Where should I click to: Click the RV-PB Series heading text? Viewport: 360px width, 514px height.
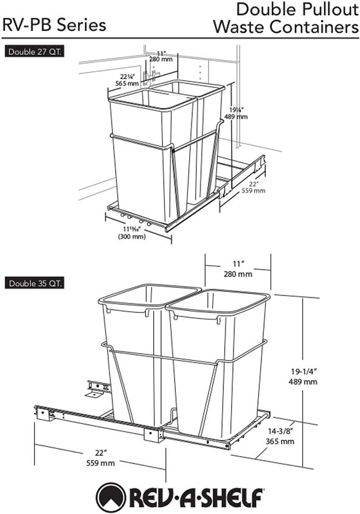click(x=54, y=25)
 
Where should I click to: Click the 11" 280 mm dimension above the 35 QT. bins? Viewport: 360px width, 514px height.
click(x=237, y=269)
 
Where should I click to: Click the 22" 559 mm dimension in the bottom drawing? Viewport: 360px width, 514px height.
click(x=100, y=457)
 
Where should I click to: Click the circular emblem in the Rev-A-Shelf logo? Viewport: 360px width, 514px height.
click(x=111, y=496)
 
